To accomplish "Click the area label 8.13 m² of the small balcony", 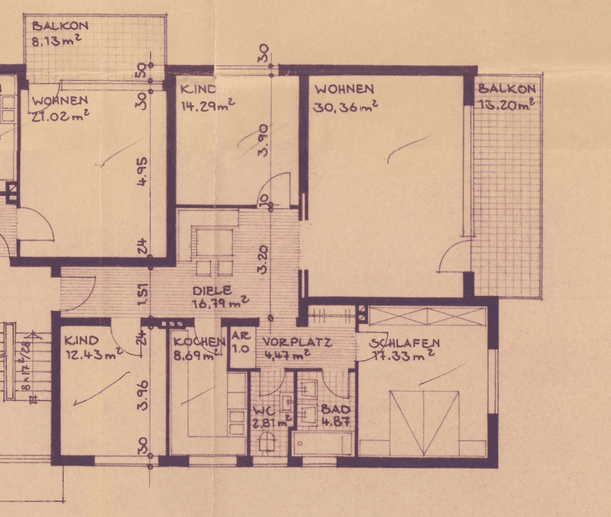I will pyautogui.click(x=58, y=41).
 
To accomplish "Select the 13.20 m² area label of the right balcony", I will pyautogui.click(x=506, y=104).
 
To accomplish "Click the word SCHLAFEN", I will pyautogui.click(x=404, y=342).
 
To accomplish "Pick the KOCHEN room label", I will pyautogui.click(x=199, y=342).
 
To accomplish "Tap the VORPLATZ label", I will pyautogui.click(x=297, y=342).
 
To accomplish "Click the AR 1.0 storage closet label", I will pyautogui.click(x=240, y=342).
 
